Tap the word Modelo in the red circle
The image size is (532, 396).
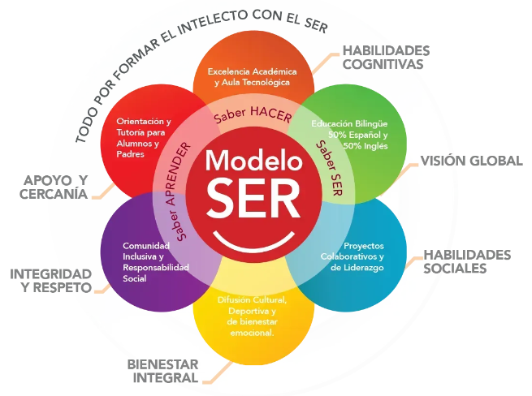251,159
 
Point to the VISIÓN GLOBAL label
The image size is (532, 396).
470,161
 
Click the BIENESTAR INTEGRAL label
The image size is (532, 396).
162,371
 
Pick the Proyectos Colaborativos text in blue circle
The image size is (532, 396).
352,256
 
